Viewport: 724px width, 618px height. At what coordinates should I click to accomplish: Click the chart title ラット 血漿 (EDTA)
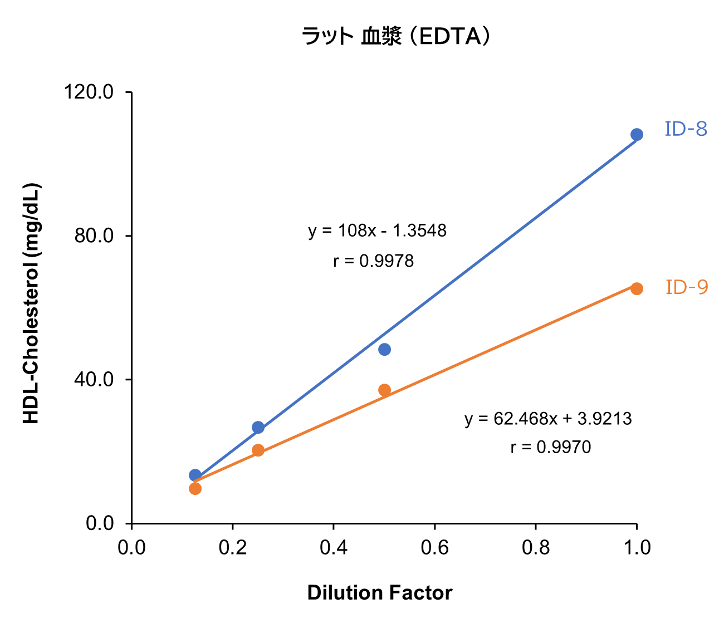(397, 37)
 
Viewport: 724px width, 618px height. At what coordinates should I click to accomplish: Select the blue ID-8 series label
(686, 129)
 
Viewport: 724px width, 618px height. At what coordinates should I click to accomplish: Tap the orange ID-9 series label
(687, 287)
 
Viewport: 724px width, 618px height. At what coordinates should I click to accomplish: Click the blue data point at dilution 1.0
(637, 135)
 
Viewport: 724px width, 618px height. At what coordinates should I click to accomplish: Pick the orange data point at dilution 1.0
(637, 288)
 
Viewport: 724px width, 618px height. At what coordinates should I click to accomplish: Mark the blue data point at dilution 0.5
(384, 350)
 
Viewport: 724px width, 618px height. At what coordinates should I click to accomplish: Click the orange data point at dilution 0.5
(384, 390)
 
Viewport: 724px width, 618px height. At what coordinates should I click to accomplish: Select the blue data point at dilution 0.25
(258, 428)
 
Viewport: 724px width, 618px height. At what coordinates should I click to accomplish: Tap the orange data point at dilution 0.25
(258, 450)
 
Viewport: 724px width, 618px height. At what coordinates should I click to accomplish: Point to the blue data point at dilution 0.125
(195, 475)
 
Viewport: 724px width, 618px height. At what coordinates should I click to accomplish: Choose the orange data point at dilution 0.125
(195, 489)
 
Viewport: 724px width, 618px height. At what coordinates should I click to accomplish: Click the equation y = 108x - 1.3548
(377, 230)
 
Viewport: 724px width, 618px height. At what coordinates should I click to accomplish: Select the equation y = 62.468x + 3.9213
(548, 419)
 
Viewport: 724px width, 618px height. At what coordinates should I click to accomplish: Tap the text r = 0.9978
(373, 261)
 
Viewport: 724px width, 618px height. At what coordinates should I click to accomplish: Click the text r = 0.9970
(550, 447)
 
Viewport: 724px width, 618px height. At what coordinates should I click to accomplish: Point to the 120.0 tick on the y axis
(89, 92)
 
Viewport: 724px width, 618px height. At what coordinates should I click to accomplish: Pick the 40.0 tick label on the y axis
(94, 380)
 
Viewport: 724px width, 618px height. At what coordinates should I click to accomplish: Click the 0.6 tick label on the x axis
(434, 548)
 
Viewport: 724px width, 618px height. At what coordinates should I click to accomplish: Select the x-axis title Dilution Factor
(379, 593)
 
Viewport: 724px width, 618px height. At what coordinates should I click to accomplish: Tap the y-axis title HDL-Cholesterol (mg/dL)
(31, 303)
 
